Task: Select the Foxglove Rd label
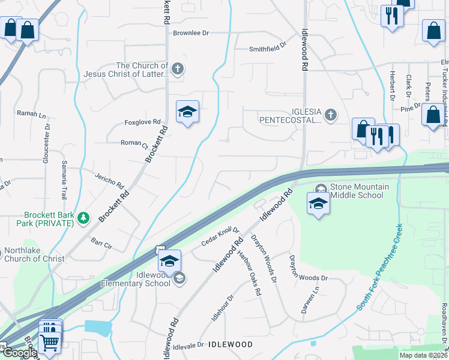142,122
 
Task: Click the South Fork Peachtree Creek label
379,267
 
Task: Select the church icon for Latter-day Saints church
177,69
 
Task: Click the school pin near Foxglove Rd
187,112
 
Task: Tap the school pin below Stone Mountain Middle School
318,203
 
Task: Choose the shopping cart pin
49,343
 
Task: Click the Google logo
19,353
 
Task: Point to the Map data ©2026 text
423,355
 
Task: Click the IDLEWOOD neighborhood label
230,344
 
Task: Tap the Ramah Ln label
31,113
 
